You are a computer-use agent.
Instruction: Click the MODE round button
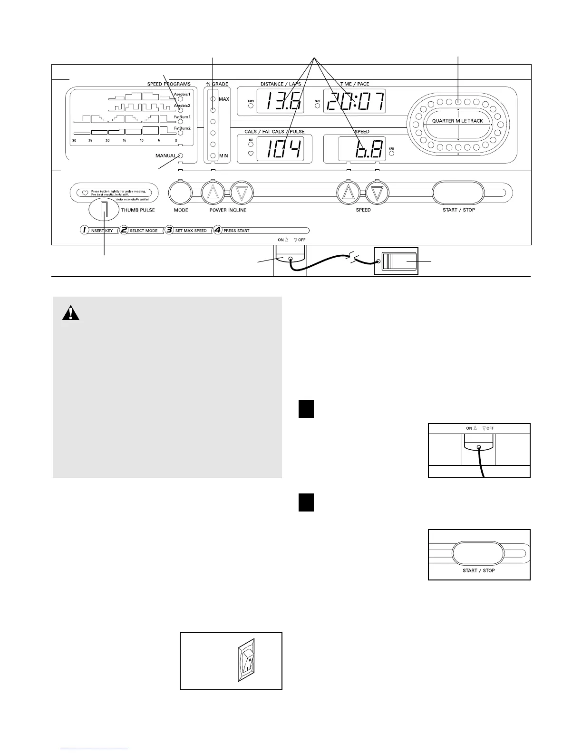coord(181,193)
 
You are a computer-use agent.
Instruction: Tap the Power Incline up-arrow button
coord(213,193)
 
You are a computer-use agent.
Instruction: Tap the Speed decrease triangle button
coord(378,193)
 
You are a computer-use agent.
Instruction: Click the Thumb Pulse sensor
coord(104,209)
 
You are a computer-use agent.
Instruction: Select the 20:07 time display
coord(354,101)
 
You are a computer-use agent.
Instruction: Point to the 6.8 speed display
coord(361,149)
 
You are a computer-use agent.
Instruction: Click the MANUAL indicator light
coord(181,155)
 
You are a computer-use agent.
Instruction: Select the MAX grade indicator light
coord(213,99)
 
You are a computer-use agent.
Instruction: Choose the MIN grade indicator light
coord(213,155)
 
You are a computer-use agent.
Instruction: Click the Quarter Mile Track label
coord(457,121)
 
